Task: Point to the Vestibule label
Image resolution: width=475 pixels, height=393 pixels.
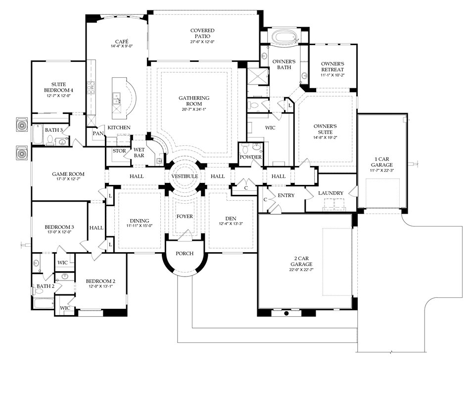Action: coord(185,176)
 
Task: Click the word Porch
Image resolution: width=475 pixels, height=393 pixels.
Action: coord(184,254)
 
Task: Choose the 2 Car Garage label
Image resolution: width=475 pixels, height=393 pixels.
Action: coord(305,261)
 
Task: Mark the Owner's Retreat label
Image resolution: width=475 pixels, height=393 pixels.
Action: coord(332,67)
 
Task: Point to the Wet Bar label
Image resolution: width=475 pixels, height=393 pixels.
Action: coord(139,152)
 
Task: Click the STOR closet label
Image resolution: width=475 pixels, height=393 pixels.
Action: coord(119,151)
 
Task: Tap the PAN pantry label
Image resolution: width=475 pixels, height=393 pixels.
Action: coord(97,133)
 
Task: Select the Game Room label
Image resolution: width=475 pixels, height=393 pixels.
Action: coord(68,174)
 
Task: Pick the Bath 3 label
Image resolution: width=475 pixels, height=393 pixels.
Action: coord(54,130)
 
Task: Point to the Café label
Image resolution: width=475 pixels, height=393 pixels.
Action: coord(121,41)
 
